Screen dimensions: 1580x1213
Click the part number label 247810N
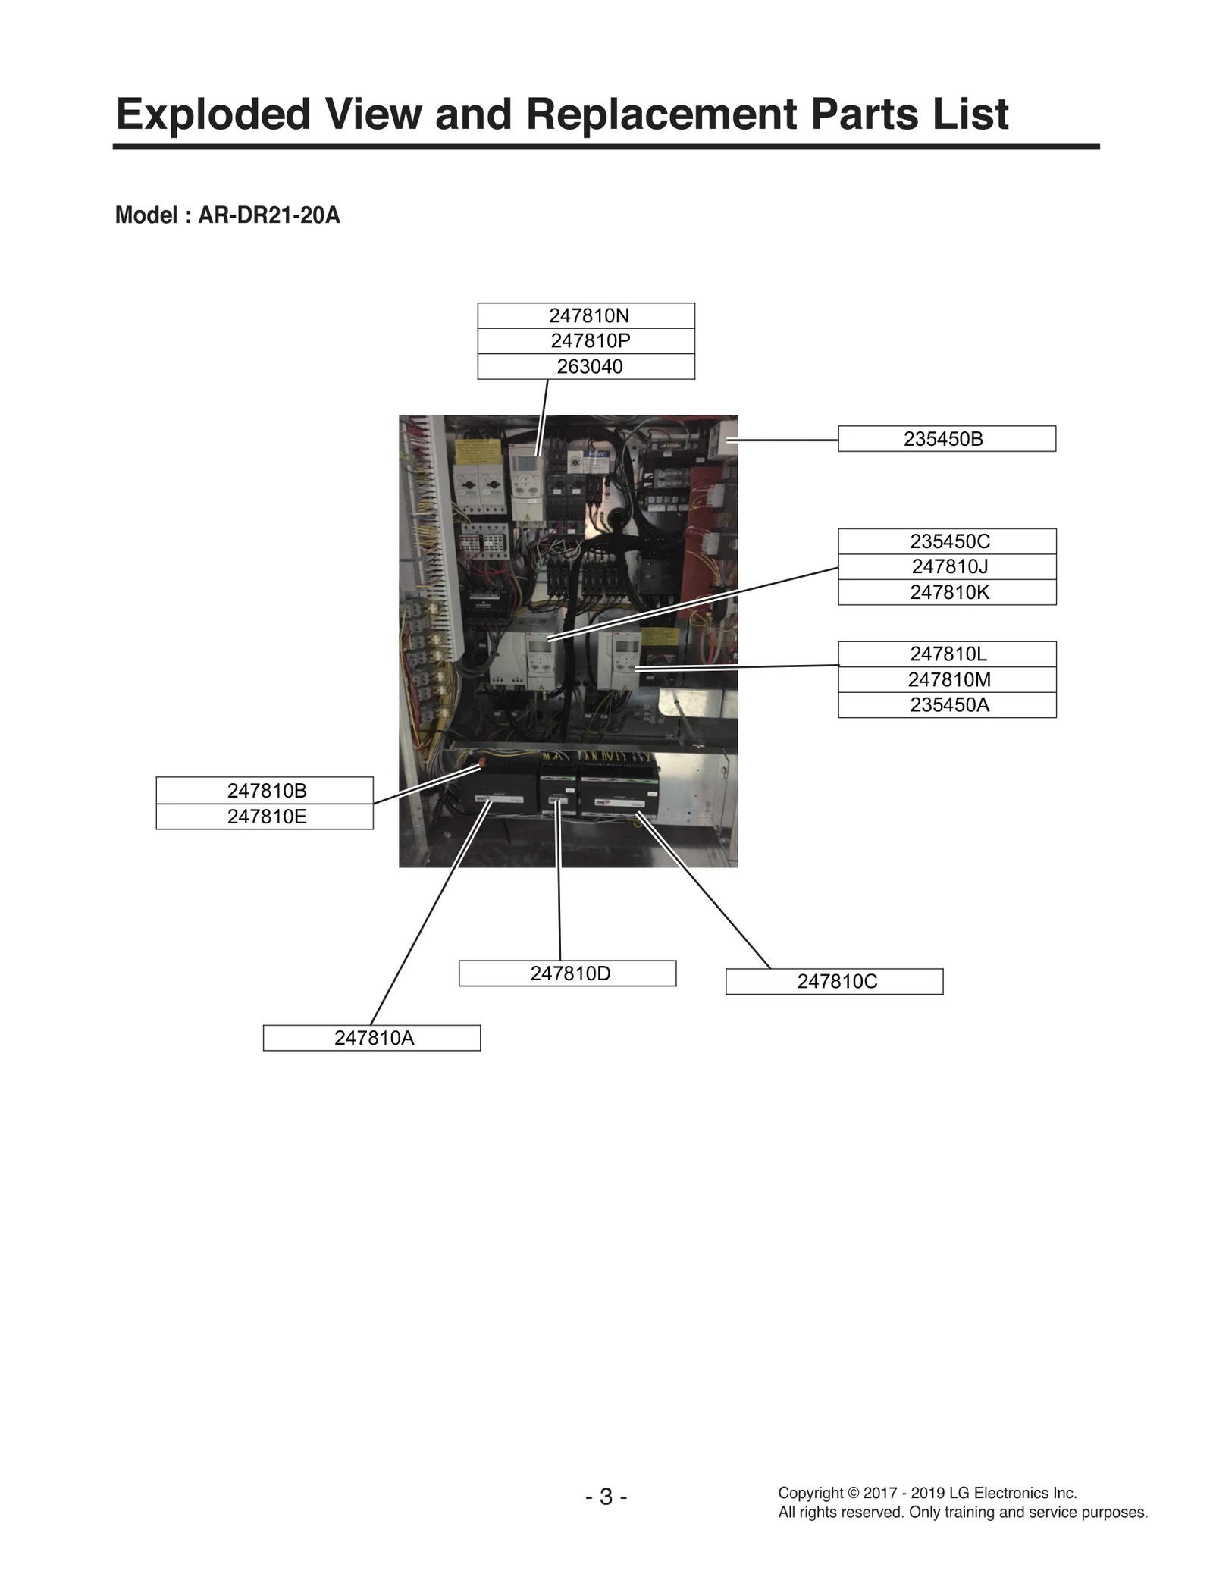(589, 315)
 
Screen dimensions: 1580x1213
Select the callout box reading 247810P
(590, 341)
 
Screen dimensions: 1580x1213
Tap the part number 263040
(589, 367)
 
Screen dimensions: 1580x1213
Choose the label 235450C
(949, 541)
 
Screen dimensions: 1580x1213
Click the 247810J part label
(949, 567)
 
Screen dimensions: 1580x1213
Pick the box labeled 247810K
(949, 592)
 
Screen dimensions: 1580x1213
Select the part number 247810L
(948, 654)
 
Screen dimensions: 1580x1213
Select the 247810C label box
(836, 982)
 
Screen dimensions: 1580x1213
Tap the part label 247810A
(374, 1038)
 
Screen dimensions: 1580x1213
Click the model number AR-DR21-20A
(268, 216)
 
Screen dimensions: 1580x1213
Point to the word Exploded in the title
(213, 114)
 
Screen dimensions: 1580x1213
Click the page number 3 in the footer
(606, 1497)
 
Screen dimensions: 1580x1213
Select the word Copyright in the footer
(810, 1493)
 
